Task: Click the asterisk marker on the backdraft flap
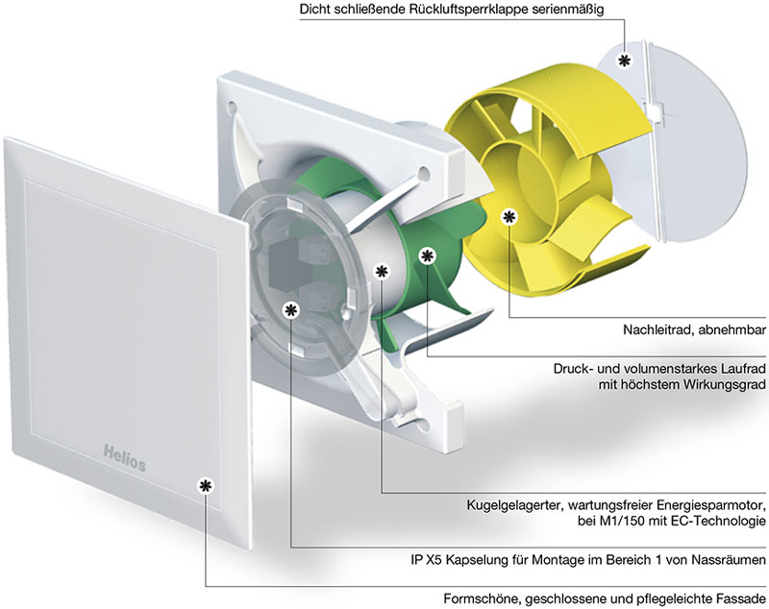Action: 626,60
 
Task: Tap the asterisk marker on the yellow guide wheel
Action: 509,217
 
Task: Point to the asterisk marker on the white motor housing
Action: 382,272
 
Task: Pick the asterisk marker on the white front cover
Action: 204,486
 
